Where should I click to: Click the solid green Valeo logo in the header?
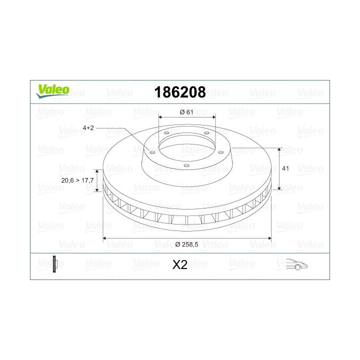click(x=52, y=90)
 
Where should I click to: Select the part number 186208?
click(x=180, y=92)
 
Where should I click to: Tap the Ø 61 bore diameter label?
click(x=186, y=112)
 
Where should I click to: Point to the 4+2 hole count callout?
click(x=88, y=128)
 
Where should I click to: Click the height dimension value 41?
click(x=285, y=169)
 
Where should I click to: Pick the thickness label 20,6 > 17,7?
click(x=76, y=180)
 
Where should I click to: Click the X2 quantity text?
click(x=179, y=265)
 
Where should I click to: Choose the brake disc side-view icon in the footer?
click(x=55, y=264)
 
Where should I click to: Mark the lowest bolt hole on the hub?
click(x=185, y=165)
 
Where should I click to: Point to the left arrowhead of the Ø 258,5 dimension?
click(x=105, y=238)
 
